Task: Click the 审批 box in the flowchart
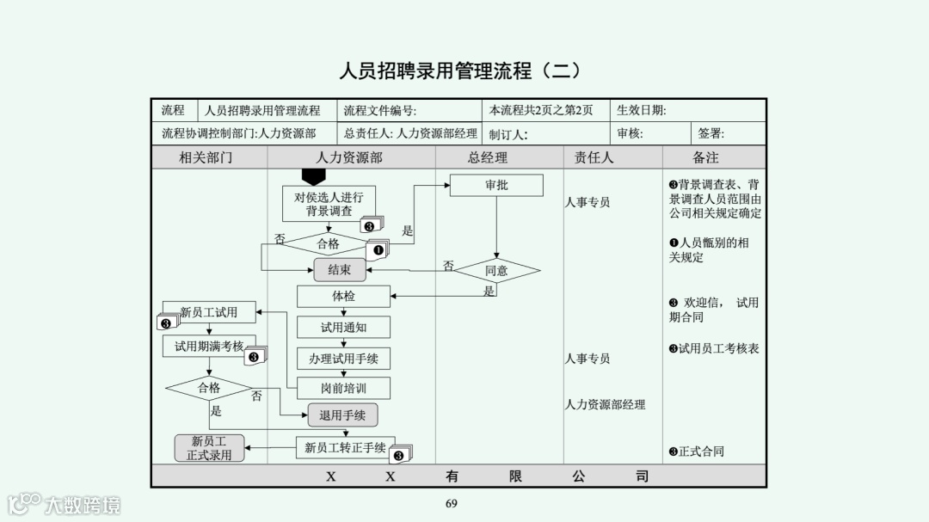(496, 185)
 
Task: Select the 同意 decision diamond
(496, 271)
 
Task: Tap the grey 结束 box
(340, 270)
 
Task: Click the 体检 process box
(343, 296)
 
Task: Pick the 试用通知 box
(343, 328)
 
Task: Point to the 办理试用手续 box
(343, 358)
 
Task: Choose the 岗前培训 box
(343, 388)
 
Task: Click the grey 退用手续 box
(342, 415)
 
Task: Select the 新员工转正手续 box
(345, 447)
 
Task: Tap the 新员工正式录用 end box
(209, 448)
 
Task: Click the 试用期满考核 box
(209, 346)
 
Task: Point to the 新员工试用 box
(209, 312)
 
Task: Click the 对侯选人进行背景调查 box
(329, 204)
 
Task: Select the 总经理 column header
(488, 158)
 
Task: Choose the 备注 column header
(705, 158)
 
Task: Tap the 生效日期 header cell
(641, 110)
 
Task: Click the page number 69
(452, 503)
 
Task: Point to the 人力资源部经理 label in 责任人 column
(605, 404)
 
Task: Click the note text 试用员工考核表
(718, 348)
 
